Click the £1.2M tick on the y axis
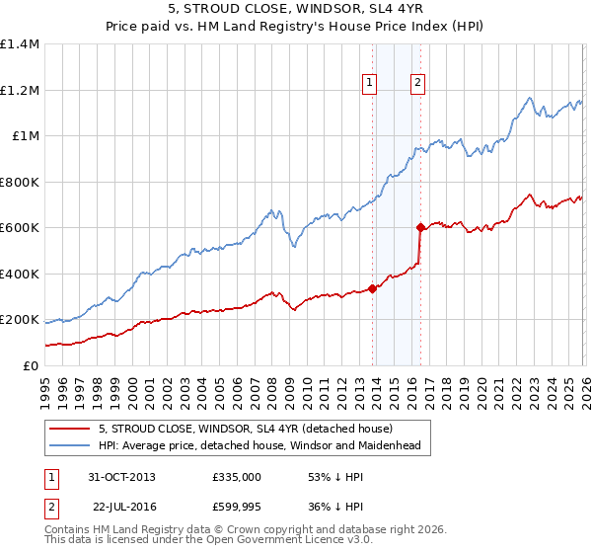pyautogui.click(x=20, y=90)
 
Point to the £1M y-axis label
pyautogui.click(x=24, y=136)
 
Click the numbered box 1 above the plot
pyautogui.click(x=370, y=84)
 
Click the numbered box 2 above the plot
pyautogui.click(x=418, y=84)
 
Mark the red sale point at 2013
pyautogui.click(x=373, y=289)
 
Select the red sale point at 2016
pyautogui.click(x=420, y=228)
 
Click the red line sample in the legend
pyautogui.click(x=70, y=430)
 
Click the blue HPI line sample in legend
pyautogui.click(x=70, y=446)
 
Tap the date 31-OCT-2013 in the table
pyautogui.click(x=121, y=477)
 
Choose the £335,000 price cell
pyautogui.click(x=237, y=477)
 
